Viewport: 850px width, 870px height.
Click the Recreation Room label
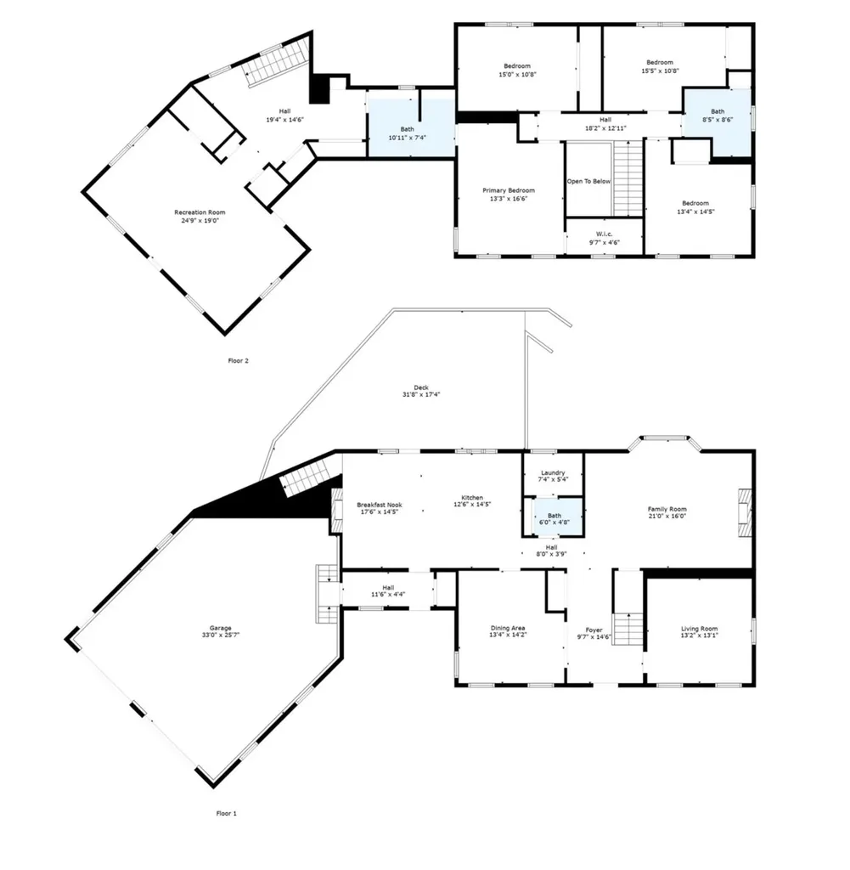(x=200, y=212)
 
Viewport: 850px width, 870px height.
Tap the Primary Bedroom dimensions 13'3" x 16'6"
(x=509, y=199)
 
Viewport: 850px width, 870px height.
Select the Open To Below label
(x=588, y=182)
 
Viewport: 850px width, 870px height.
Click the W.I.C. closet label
(x=605, y=234)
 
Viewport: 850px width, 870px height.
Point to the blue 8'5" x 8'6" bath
(x=718, y=122)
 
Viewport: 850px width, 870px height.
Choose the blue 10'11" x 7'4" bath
(x=412, y=128)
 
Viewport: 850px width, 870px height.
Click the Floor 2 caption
(x=239, y=360)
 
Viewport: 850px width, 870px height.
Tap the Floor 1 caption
(x=226, y=813)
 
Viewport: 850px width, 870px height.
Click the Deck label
(x=421, y=387)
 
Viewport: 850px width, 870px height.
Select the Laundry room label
(x=553, y=472)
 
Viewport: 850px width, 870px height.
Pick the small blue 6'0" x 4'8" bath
(x=554, y=518)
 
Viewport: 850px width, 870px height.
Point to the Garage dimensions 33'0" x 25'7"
(x=221, y=636)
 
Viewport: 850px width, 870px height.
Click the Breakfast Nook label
(x=380, y=505)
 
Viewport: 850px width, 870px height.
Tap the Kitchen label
(x=472, y=498)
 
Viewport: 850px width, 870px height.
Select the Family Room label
(x=667, y=509)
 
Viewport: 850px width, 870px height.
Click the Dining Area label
(x=507, y=628)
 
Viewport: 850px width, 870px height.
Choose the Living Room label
(x=699, y=629)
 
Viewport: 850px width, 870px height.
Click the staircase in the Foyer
(x=628, y=630)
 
